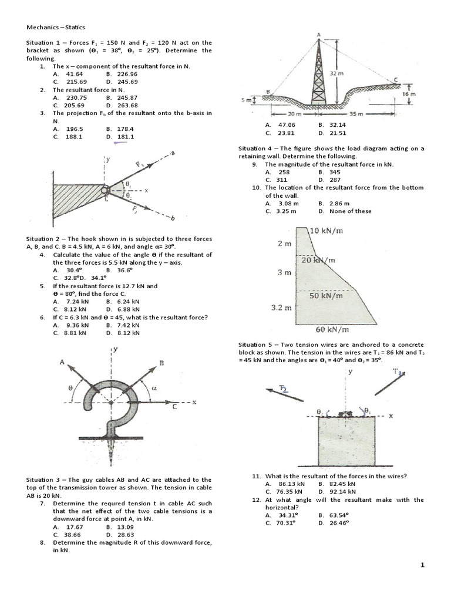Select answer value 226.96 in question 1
126,75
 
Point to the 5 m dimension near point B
246,101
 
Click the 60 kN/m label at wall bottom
333,329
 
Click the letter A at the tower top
319,35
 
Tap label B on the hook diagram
161,363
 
